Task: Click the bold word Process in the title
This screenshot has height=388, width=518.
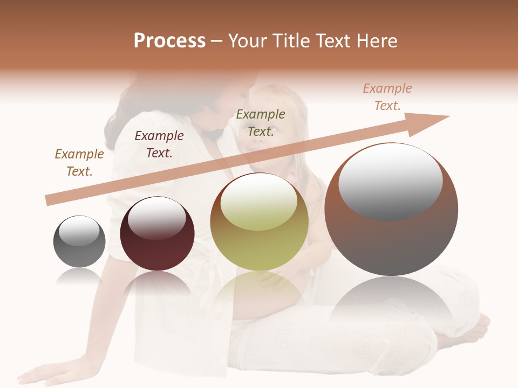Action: (169, 41)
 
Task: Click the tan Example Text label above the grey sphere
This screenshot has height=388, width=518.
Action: (79, 163)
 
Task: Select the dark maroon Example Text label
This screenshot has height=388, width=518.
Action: (159, 144)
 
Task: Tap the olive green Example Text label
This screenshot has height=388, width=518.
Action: (261, 123)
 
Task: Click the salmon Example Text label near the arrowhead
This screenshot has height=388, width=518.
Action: (387, 97)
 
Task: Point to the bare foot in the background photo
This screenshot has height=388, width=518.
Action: (475, 329)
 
